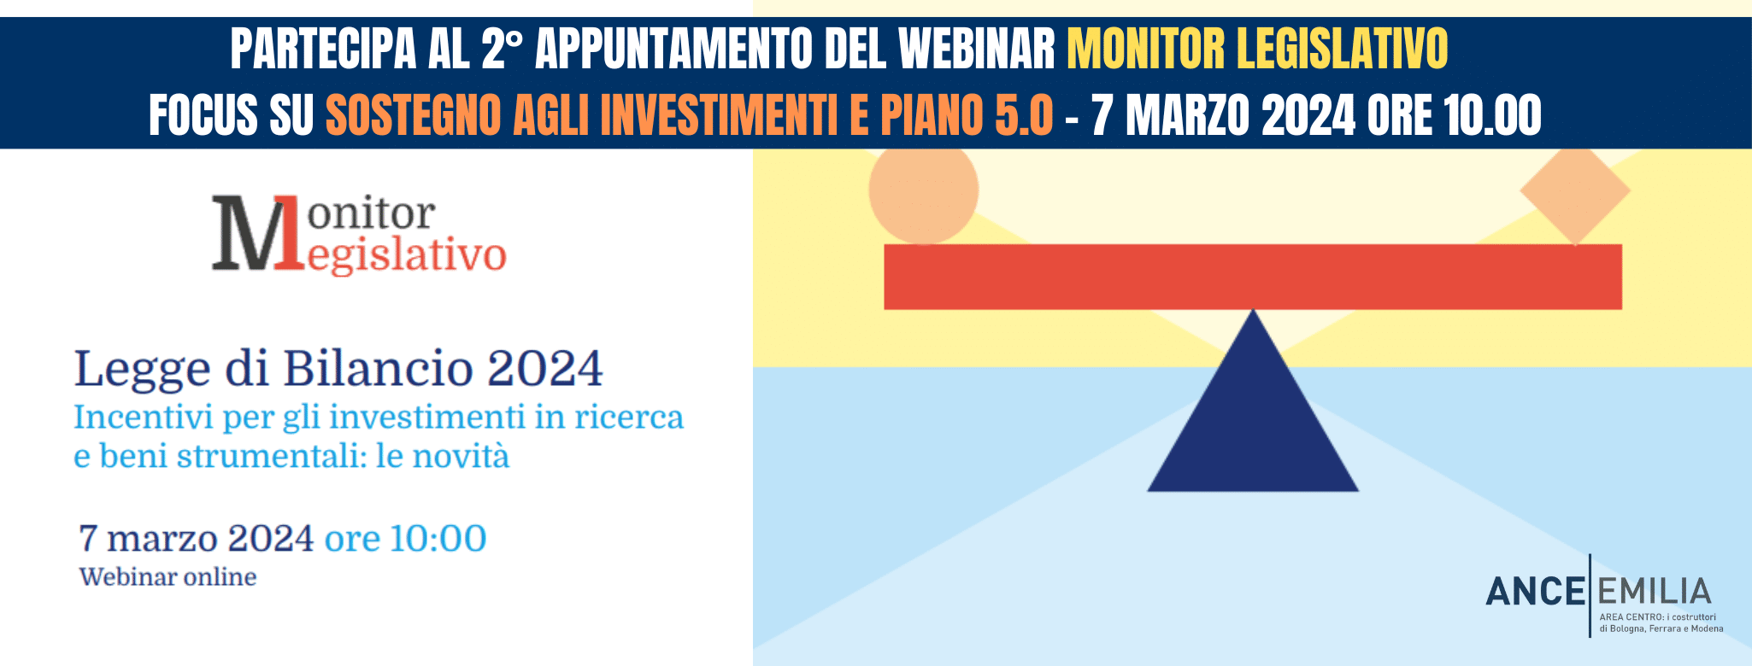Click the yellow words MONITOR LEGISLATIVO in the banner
point(1257,48)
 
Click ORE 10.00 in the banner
point(1455,115)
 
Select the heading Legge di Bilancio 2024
point(338,369)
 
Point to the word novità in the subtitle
point(461,456)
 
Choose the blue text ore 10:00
point(405,538)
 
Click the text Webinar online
point(168,577)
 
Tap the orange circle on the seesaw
point(924,190)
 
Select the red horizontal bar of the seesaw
point(1253,277)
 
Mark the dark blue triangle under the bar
point(1253,418)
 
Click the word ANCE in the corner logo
point(1536,592)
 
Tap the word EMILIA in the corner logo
point(1654,592)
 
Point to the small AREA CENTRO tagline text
point(1661,622)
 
